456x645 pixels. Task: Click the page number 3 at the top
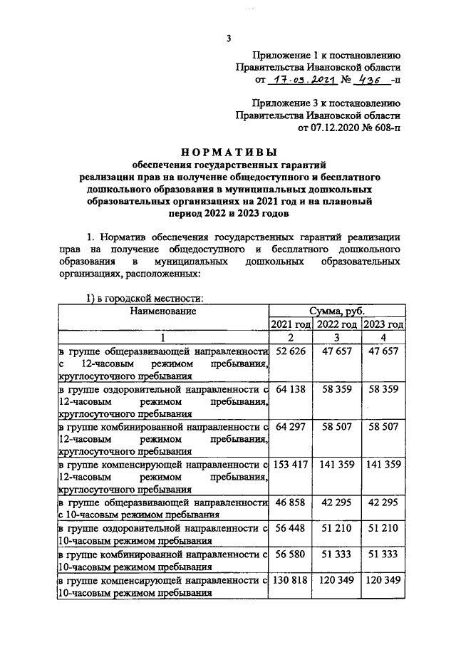pyautogui.click(x=229, y=38)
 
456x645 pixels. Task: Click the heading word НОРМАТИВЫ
pyautogui.click(x=229, y=152)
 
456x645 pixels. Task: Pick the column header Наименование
pyautogui.click(x=163, y=311)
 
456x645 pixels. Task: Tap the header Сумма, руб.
pyautogui.click(x=337, y=311)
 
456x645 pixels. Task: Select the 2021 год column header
pyautogui.click(x=290, y=324)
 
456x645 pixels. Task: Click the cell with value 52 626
pyautogui.click(x=289, y=352)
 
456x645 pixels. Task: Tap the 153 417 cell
pyautogui.click(x=289, y=463)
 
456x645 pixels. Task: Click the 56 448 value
pyautogui.click(x=289, y=530)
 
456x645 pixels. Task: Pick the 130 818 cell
pyautogui.click(x=289, y=581)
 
